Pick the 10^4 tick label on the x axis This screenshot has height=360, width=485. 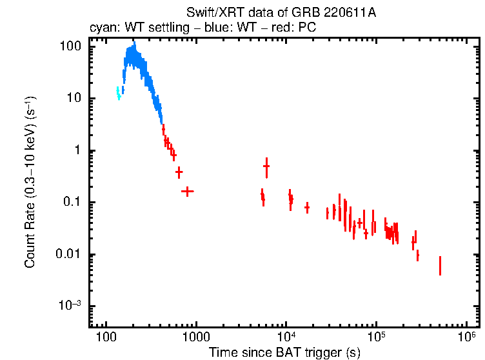tap(286, 337)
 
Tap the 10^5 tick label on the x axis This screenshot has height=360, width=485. tap(377, 337)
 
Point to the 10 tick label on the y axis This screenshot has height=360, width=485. tap(74, 99)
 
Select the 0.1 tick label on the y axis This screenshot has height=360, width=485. tap(72, 203)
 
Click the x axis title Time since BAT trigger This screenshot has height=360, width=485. tap(284, 352)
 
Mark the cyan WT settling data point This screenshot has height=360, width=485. tap(119, 94)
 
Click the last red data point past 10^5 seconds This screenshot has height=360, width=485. tap(440, 265)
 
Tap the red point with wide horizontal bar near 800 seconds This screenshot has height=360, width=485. tap(187, 191)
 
